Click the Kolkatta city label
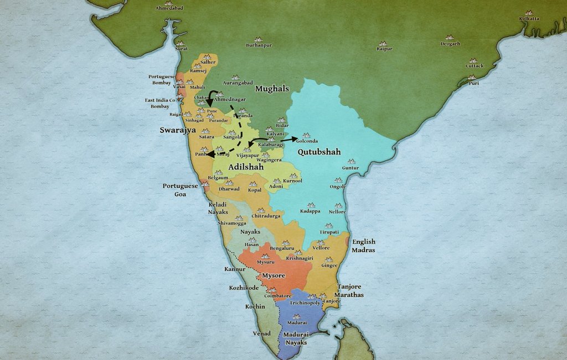pyautogui.click(x=529, y=19)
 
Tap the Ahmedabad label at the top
pyautogui.click(x=169, y=9)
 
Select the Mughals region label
pyautogui.click(x=272, y=89)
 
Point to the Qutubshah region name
pyautogui.click(x=319, y=152)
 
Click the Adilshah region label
pyautogui.click(x=246, y=166)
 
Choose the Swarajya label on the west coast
pyautogui.click(x=174, y=131)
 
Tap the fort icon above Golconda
pyautogui.click(x=306, y=135)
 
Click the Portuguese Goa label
pyautogui.click(x=180, y=190)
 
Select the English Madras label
pyautogui.click(x=363, y=245)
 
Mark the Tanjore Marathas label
pyautogui.click(x=350, y=291)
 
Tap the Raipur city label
pyautogui.click(x=384, y=49)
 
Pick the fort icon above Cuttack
pyautogui.click(x=473, y=60)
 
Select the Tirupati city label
pyautogui.click(x=328, y=232)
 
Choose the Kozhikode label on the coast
pyautogui.click(x=244, y=288)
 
